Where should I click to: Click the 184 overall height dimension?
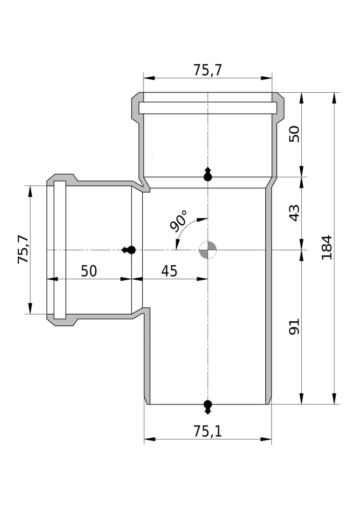[327, 247]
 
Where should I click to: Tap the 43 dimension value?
[294, 213]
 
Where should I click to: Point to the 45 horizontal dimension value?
[169, 271]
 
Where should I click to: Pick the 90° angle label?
[178, 221]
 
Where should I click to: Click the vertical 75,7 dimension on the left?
[23, 249]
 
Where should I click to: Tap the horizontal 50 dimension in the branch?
[89, 271]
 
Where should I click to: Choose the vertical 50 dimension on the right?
[294, 134]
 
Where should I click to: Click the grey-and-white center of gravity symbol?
[208, 250]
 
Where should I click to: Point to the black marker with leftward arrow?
[129, 250]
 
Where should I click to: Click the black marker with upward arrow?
[208, 174]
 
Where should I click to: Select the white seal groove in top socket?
[208, 108]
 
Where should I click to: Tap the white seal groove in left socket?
[60, 250]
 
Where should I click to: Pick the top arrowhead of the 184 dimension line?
[334, 98]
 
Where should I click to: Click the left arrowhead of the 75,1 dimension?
[150, 439]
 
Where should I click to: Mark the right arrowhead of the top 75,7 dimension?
[266, 78]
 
